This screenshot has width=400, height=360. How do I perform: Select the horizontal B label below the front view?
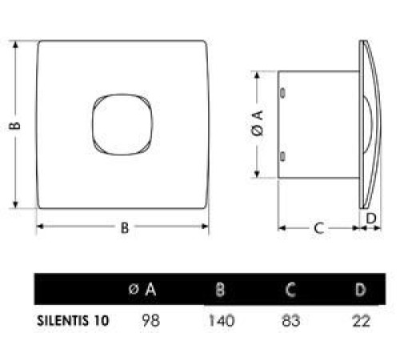[x=125, y=228]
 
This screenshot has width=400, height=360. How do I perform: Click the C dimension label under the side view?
[x=318, y=229]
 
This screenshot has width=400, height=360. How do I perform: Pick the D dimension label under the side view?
[x=370, y=217]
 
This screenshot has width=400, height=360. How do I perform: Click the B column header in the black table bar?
[x=219, y=289]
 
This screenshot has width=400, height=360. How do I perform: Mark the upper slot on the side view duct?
[x=283, y=94]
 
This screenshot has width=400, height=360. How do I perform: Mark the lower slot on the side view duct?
[x=283, y=154]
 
